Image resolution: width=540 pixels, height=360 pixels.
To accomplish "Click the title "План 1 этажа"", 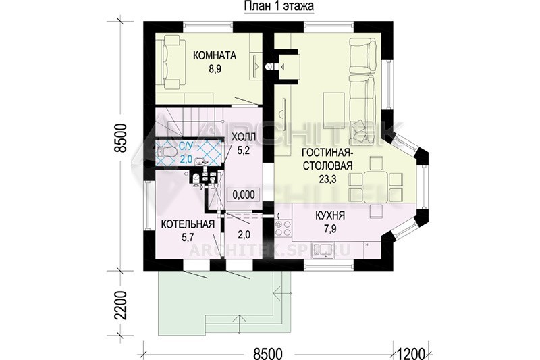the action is tap(279, 6).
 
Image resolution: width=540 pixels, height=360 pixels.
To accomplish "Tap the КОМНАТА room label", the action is tap(215, 55).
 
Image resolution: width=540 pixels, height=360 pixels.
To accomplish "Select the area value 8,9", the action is tap(215, 69).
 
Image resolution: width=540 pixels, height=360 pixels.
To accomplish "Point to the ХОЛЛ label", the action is tap(244, 137).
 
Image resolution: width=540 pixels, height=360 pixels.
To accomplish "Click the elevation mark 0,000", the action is tap(244, 195).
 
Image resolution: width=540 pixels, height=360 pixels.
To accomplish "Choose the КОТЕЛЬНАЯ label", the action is tap(188, 224).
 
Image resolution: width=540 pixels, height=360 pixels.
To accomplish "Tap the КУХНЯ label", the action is tap(330, 216).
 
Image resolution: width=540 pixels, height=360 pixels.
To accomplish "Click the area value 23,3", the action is tap(327, 179).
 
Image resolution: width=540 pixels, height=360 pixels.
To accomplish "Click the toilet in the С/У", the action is tap(167, 151).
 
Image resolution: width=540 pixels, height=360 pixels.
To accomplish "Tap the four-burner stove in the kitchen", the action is tap(283, 228).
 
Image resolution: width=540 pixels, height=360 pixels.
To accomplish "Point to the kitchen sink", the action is tap(322, 251).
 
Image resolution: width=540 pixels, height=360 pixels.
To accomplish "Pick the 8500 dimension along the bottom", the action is tap(268, 354).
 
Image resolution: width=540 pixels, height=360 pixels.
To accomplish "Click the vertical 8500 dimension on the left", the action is tap(122, 138).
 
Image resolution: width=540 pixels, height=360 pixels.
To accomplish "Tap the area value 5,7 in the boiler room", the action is tap(188, 237).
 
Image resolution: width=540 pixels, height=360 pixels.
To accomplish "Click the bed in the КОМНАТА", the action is tap(170, 63).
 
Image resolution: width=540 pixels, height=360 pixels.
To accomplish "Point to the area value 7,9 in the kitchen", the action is tap(330, 229).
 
